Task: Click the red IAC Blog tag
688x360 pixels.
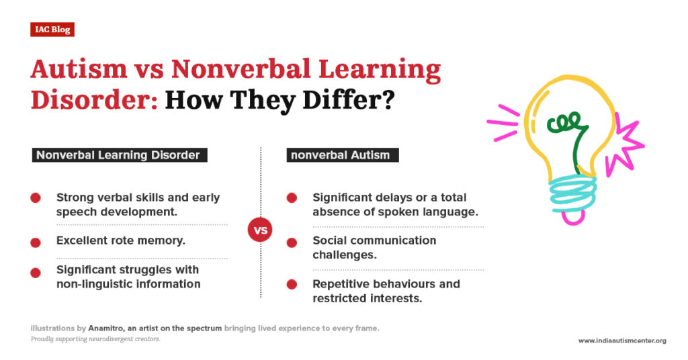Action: [52, 30]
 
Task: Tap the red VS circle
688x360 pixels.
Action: [260, 230]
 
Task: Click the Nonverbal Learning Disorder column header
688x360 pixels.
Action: [118, 155]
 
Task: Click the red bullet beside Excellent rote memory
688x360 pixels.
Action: [36, 240]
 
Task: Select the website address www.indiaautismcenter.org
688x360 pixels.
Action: [622, 341]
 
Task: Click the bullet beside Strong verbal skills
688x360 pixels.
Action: [36, 197]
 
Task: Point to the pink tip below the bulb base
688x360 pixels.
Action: [573, 216]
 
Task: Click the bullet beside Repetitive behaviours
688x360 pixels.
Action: [292, 283]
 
